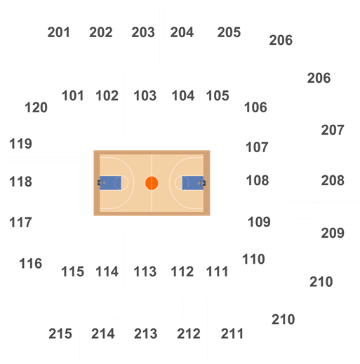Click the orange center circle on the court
[x=152, y=183]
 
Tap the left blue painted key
[x=110, y=183]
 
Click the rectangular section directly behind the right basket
[x=253, y=182]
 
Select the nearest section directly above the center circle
[x=146, y=105]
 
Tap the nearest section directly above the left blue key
[x=107, y=105]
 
